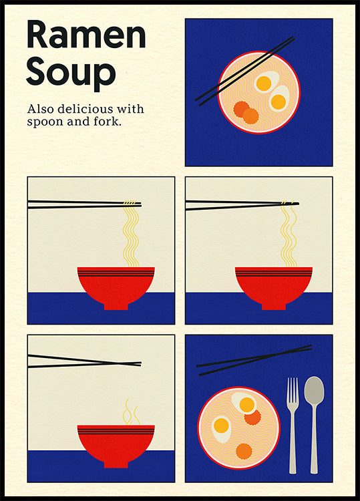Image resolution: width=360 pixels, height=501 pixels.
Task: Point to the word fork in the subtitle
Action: pyautogui.click(x=107, y=122)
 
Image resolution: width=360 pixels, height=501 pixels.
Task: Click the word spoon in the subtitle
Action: pyautogui.click(x=46, y=122)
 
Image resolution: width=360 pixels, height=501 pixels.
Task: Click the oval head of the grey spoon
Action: pyautogui.click(x=314, y=391)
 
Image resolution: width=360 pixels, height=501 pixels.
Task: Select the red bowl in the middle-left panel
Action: pyautogui.click(x=116, y=284)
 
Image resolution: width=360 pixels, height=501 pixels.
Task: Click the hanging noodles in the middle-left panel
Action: pyautogui.click(x=131, y=234)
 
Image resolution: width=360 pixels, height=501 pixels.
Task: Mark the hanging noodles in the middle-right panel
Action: pyautogui.click(x=289, y=234)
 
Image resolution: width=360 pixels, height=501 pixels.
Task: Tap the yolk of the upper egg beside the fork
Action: pyautogui.click(x=246, y=404)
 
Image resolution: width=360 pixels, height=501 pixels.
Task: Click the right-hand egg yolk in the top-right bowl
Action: pyautogui.click(x=278, y=102)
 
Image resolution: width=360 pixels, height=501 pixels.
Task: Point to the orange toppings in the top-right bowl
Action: pyautogui.click(x=246, y=112)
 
